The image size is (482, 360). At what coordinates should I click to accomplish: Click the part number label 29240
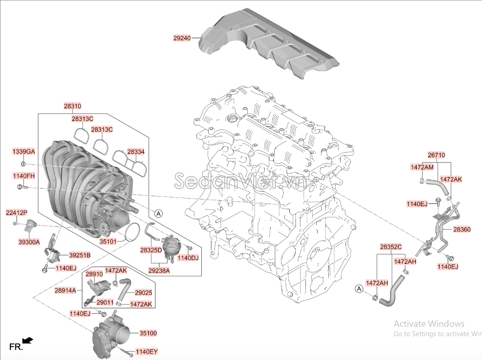click(182, 38)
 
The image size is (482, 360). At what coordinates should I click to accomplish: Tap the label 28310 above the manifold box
click(73, 106)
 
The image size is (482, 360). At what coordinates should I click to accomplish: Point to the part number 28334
click(136, 152)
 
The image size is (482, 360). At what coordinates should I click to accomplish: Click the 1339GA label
click(24, 152)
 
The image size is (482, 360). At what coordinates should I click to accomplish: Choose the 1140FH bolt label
click(24, 175)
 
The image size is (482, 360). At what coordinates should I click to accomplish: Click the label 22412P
click(17, 212)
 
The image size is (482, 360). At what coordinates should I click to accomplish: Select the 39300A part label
click(29, 242)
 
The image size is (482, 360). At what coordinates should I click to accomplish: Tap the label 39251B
click(80, 255)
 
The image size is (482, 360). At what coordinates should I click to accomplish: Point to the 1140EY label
click(147, 351)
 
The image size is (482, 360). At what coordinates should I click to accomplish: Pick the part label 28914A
click(65, 290)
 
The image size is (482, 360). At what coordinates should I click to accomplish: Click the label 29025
click(143, 292)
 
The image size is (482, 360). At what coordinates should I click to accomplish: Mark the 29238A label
click(159, 270)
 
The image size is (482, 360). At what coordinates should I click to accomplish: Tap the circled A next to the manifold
click(158, 213)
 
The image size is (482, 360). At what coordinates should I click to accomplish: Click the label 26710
click(437, 155)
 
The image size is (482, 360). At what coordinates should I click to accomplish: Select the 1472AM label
click(422, 167)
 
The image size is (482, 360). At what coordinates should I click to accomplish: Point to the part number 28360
click(462, 229)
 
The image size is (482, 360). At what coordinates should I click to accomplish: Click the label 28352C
click(391, 247)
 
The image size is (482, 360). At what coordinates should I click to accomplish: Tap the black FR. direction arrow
click(28, 340)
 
